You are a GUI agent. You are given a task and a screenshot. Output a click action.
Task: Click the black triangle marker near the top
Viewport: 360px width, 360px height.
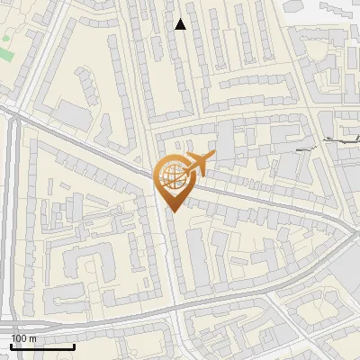(x=181, y=24)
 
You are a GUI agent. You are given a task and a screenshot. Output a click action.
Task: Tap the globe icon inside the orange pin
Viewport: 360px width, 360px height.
(x=172, y=177)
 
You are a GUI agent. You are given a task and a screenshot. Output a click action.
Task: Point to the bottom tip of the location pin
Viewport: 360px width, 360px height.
(x=173, y=211)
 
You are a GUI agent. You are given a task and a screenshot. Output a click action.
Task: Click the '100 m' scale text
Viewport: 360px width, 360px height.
(x=23, y=338)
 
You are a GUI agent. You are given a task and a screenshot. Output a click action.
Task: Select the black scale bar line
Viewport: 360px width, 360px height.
(x=42, y=346)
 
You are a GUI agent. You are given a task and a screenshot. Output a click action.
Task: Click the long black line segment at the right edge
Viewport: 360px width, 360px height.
(x=343, y=139)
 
